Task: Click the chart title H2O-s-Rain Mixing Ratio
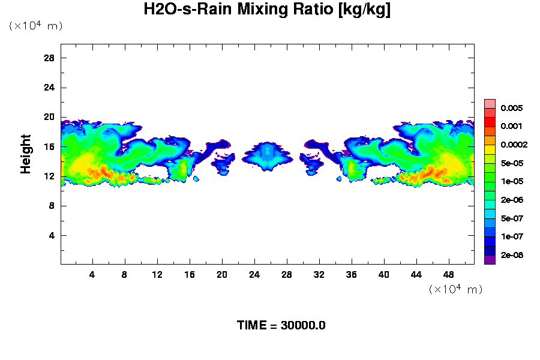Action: tap(267, 10)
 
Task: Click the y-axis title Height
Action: tap(26, 161)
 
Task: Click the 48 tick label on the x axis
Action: tap(448, 275)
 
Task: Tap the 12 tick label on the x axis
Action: tap(157, 275)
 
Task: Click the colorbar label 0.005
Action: tap(512, 109)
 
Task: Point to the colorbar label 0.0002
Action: tap(514, 145)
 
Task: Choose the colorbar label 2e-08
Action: tap(512, 256)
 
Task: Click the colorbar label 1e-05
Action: tap(512, 182)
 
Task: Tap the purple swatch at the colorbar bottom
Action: tap(490, 260)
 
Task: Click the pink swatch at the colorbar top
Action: tap(490, 104)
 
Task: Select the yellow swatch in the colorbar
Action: tap(490, 149)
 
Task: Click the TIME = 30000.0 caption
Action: tap(281, 325)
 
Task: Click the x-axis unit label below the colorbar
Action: tap(455, 289)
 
